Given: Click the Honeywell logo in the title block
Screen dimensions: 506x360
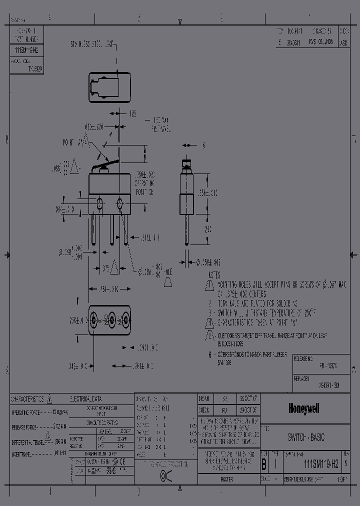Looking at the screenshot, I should (x=303, y=409).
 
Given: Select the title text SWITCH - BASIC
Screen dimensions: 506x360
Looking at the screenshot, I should (x=306, y=437).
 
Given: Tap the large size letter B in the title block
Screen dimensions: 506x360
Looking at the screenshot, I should (x=263, y=464).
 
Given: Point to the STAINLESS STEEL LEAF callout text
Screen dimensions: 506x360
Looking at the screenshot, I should (x=92, y=45).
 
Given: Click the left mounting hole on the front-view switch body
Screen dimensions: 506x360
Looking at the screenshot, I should (x=99, y=203).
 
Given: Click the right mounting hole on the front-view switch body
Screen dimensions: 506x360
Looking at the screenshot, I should (x=120, y=203).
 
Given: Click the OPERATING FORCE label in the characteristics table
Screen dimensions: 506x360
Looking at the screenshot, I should (x=25, y=413).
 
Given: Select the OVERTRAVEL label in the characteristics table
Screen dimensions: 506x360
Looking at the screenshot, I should (x=22, y=453).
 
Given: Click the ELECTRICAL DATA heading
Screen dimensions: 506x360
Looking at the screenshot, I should (x=86, y=399).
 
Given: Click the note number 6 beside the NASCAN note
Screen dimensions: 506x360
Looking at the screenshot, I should (x=210, y=353).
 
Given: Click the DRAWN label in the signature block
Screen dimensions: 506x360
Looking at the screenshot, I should (x=204, y=399).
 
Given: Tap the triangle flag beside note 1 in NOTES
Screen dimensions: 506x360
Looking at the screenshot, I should (x=209, y=285).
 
